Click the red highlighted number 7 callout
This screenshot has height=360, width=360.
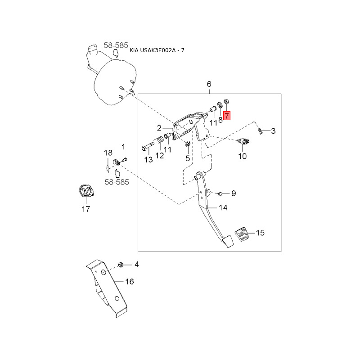tap(227, 116)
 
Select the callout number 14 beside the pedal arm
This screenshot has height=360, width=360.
tap(223, 207)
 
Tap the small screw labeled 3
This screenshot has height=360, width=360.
tap(261, 131)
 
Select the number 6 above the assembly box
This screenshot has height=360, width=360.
tap(209, 84)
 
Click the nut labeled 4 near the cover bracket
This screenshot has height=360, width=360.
tap(121, 264)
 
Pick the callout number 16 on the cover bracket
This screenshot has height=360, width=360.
tap(130, 282)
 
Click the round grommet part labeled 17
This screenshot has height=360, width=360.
tap(86, 192)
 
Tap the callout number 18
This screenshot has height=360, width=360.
tap(108, 153)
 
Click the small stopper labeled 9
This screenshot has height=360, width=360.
tap(220, 193)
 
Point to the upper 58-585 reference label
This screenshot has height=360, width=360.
tap(116, 45)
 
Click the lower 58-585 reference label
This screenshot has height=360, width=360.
tap(117, 182)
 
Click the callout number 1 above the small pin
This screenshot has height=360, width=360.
tap(124, 147)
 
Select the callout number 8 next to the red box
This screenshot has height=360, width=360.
tap(220, 120)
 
